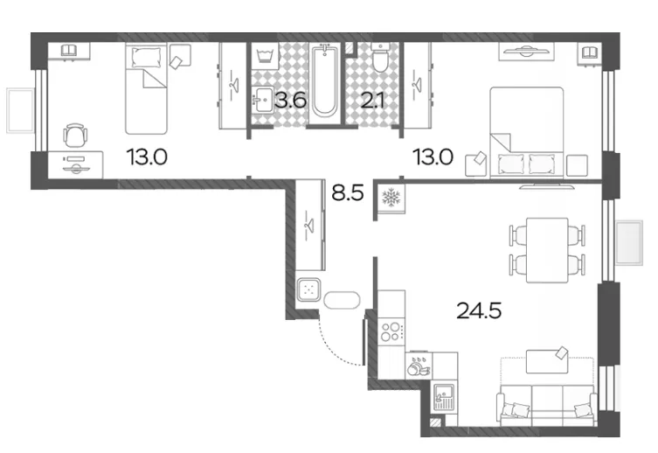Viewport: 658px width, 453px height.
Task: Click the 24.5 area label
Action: tap(479, 311)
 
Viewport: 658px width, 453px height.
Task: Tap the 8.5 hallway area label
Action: tap(348, 193)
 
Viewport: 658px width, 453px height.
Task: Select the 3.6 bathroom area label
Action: tap(290, 101)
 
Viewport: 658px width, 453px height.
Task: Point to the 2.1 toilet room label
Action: tap(372, 101)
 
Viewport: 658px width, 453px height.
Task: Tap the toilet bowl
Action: tap(381, 58)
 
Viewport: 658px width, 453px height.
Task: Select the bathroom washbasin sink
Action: tap(263, 99)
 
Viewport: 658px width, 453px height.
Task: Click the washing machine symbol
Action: tap(266, 55)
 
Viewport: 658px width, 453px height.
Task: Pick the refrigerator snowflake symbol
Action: tap(391, 198)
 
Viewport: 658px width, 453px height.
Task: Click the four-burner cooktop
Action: tap(391, 331)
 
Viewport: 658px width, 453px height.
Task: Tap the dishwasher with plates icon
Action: tap(419, 366)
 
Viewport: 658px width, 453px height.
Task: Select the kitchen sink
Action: tap(444, 397)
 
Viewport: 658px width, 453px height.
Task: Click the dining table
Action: tap(547, 250)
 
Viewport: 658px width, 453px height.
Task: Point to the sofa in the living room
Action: tap(547, 402)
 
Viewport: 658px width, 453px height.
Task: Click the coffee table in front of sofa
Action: tap(547, 360)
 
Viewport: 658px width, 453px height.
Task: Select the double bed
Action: tap(527, 132)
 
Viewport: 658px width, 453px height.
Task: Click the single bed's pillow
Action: tap(146, 57)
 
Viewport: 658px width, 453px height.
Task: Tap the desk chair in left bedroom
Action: tap(75, 136)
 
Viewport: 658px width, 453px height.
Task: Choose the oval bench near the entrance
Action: tap(342, 300)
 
